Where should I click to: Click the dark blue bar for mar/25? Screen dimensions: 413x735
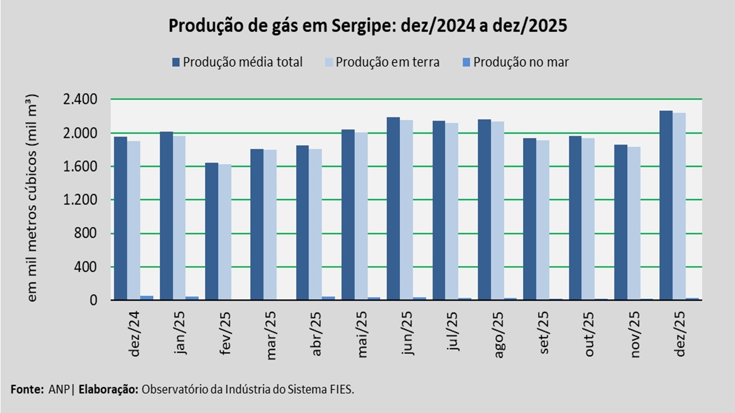[257, 224]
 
